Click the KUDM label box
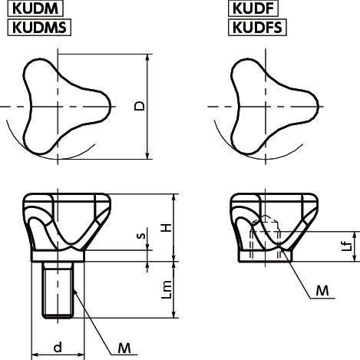35,9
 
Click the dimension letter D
138,107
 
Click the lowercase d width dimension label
58,348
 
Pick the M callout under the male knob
123,348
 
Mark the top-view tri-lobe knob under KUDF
272,106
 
